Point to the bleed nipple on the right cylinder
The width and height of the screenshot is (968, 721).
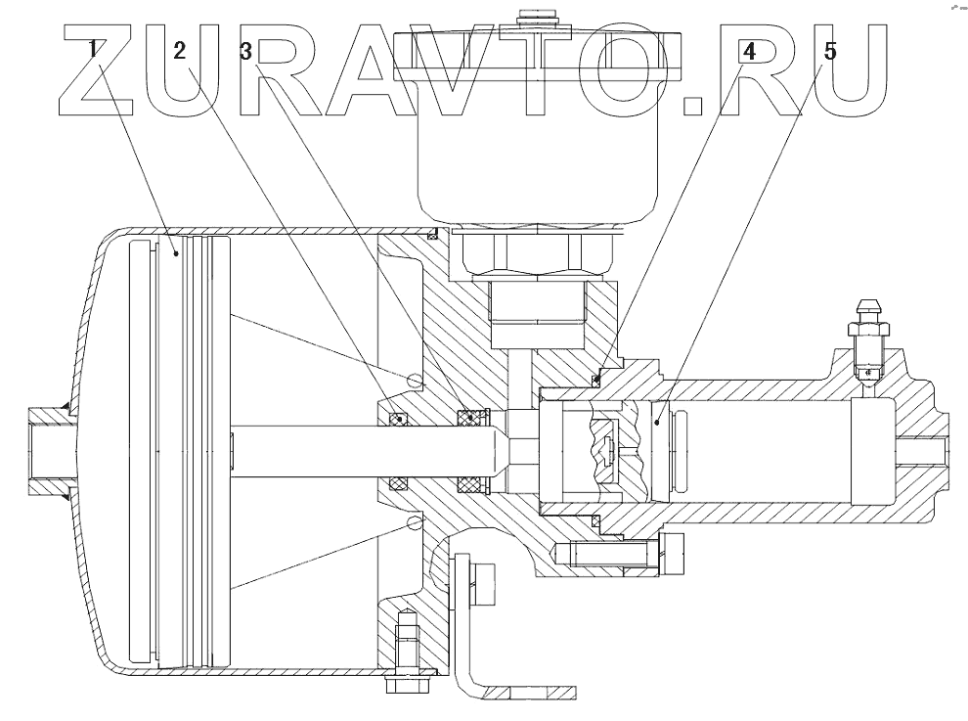(870, 333)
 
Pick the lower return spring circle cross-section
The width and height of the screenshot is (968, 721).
(415, 524)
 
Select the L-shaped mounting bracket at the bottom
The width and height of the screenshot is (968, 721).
(479, 636)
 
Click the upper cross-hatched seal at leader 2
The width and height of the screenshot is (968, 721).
(397, 419)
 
